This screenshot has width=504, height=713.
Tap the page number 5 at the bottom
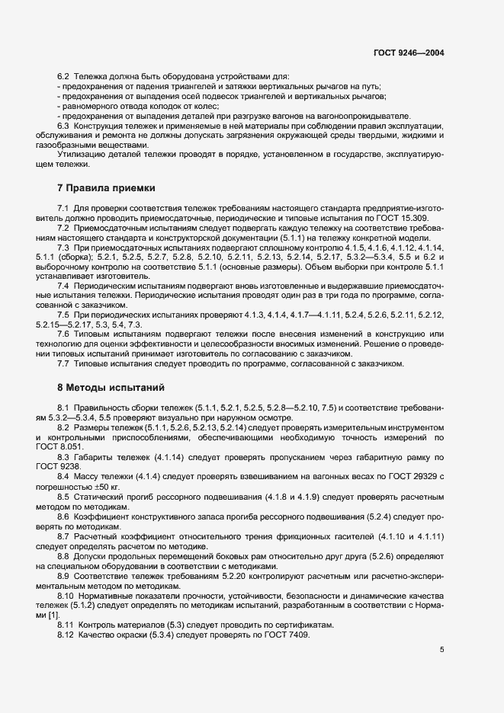point(441,650)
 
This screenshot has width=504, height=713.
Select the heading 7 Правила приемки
point(106,187)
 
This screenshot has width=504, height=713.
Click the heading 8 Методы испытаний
point(111,387)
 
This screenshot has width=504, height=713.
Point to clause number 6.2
point(64,77)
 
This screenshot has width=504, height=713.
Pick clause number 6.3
point(64,125)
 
